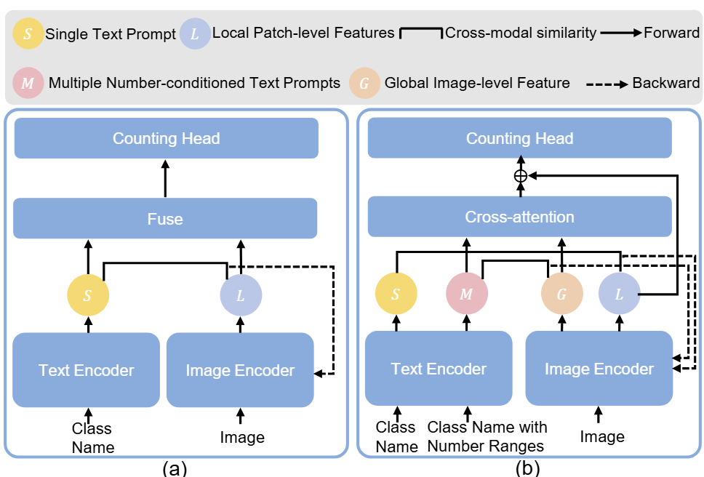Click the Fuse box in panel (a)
pos(165,217)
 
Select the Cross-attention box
pos(519,217)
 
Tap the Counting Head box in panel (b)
pos(519,138)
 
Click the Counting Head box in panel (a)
pos(166,138)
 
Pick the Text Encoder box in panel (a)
pos(87,369)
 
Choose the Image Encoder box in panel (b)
pos(599,369)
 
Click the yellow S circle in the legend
pos(27,33)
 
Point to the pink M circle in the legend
pos(28,83)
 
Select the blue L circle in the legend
pos(194,33)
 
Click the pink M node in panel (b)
pos(466,294)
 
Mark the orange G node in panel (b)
pos(561,294)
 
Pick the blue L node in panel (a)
pos(241,294)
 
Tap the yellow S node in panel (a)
pos(88,294)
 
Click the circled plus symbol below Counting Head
pos(520,175)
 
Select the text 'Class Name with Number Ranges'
pos(487,436)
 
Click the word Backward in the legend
pos(665,83)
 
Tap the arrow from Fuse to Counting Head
pos(165,178)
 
